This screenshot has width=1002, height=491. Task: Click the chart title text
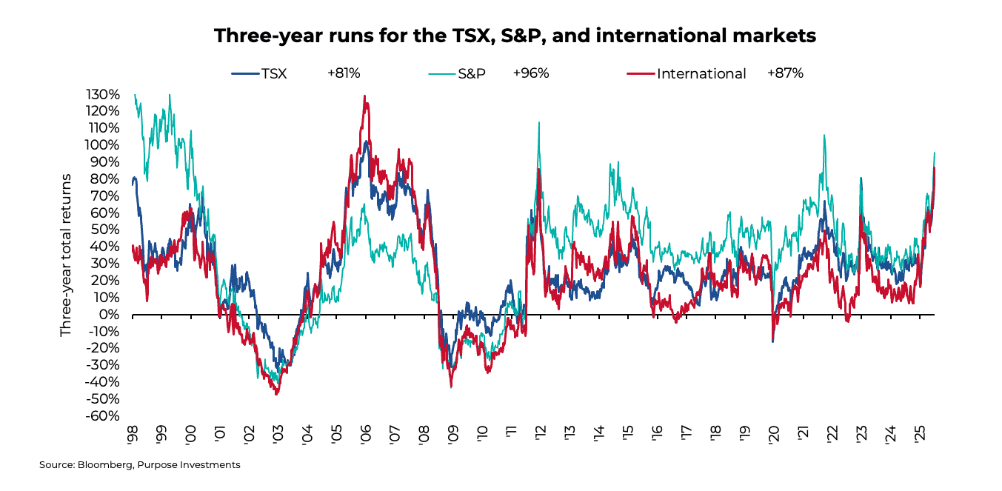[x=515, y=36]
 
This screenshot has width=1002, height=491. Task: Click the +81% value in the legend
[x=344, y=73]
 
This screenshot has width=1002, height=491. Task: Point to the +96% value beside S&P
[x=530, y=73]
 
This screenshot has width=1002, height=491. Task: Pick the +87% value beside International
[x=785, y=73]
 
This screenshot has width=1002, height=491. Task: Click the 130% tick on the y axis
[x=103, y=95]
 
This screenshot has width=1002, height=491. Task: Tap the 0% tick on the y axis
[x=110, y=315]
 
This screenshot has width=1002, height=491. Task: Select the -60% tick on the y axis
[x=103, y=415]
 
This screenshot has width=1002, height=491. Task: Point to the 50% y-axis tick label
[x=107, y=230]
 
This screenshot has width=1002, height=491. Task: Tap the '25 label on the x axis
[x=920, y=435]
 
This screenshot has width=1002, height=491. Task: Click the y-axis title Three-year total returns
[x=66, y=255]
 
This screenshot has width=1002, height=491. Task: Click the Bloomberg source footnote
[x=140, y=465]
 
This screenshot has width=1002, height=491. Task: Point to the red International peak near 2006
[x=364, y=96]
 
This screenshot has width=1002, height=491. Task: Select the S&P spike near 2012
[x=538, y=123]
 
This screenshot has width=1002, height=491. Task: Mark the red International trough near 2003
[x=276, y=393]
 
